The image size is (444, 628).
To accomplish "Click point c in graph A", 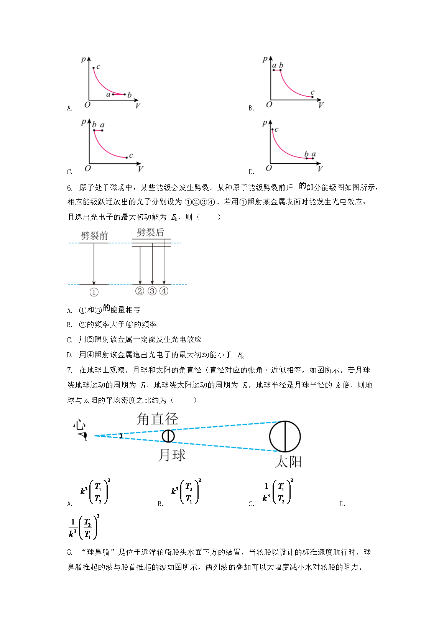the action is [x=93, y=67].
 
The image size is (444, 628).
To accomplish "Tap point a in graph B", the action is [x=274, y=70].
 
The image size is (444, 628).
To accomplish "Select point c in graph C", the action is [x=127, y=158].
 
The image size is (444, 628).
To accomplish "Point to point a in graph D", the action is [x=313, y=158].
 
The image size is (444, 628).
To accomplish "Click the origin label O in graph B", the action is [x=269, y=105].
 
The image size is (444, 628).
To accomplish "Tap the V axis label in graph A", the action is [x=138, y=106].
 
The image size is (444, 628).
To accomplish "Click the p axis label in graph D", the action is [x=265, y=123].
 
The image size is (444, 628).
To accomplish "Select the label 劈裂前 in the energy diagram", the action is [x=94, y=236].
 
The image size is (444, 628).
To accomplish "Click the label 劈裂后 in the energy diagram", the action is [x=150, y=232].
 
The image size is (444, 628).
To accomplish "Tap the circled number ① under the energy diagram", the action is [x=94, y=293].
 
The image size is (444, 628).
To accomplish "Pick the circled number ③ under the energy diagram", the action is [x=152, y=291].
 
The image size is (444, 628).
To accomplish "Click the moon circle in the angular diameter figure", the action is [x=168, y=436].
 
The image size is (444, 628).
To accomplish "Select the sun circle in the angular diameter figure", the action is [x=285, y=437].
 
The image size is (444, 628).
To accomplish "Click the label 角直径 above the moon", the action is [x=157, y=419].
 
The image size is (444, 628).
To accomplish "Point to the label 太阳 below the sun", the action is [x=288, y=462].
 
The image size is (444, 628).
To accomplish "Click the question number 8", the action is [x=70, y=552].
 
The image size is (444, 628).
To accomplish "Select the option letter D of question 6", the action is [x=69, y=355].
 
